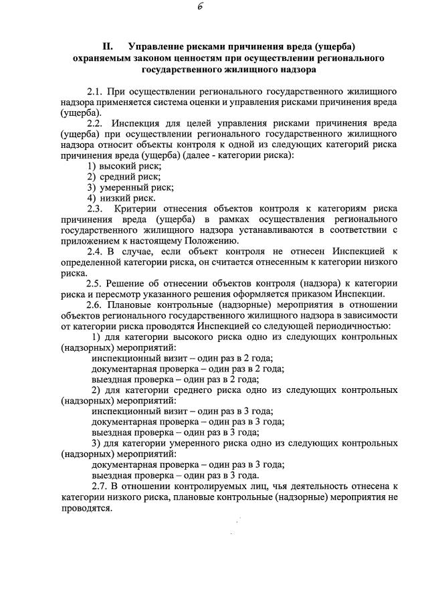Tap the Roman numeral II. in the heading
[108, 47]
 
